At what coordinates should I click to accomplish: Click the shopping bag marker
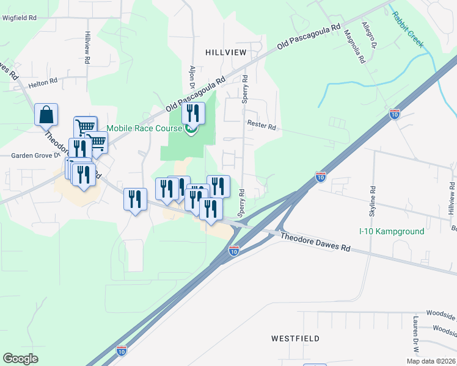46,115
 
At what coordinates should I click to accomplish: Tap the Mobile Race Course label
144,128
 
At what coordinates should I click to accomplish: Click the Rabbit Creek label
408,29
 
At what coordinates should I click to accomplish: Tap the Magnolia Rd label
354,48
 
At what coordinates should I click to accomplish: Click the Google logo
21,359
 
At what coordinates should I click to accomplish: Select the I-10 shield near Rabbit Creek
395,113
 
